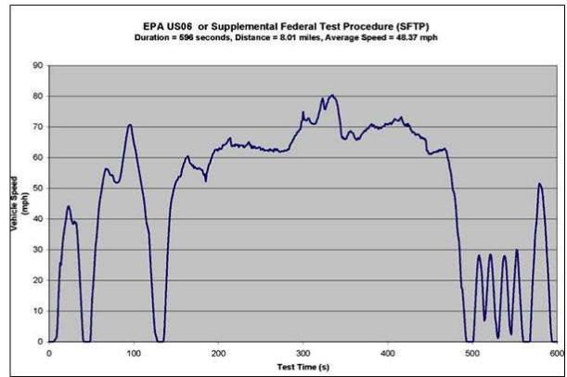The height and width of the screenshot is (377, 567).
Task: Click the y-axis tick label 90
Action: [38, 65]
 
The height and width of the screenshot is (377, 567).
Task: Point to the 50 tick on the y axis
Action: [38, 188]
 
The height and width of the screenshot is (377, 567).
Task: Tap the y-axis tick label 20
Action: [38, 280]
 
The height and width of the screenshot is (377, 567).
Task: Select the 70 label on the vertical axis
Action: [38, 126]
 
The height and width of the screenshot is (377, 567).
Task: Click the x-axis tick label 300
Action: [303, 353]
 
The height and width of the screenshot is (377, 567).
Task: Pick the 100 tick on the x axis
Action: [133, 353]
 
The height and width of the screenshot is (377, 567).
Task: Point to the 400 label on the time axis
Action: [387, 353]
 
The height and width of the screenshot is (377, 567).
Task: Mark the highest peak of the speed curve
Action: [332, 95]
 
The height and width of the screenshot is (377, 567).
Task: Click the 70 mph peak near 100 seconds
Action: [130, 124]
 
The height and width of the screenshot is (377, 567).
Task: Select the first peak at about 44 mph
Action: [68, 206]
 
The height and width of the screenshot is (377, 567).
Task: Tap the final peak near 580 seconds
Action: [539, 184]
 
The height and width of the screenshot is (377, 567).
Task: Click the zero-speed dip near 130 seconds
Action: [160, 341]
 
